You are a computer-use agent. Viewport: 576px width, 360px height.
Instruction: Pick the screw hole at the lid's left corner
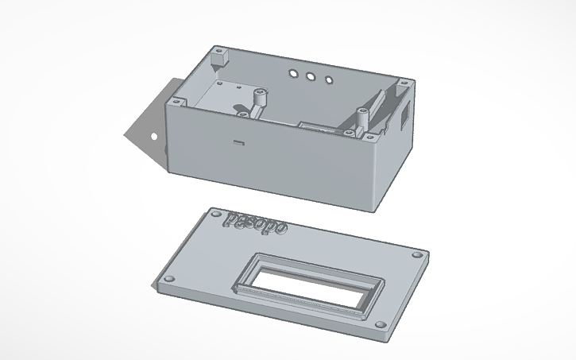168,280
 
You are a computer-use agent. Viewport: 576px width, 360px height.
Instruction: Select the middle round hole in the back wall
310,77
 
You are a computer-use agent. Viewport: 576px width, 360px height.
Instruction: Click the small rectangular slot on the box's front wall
238,143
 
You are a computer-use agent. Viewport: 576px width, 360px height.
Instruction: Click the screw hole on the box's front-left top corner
172,102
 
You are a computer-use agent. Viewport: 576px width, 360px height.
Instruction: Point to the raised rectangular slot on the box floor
318,127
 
